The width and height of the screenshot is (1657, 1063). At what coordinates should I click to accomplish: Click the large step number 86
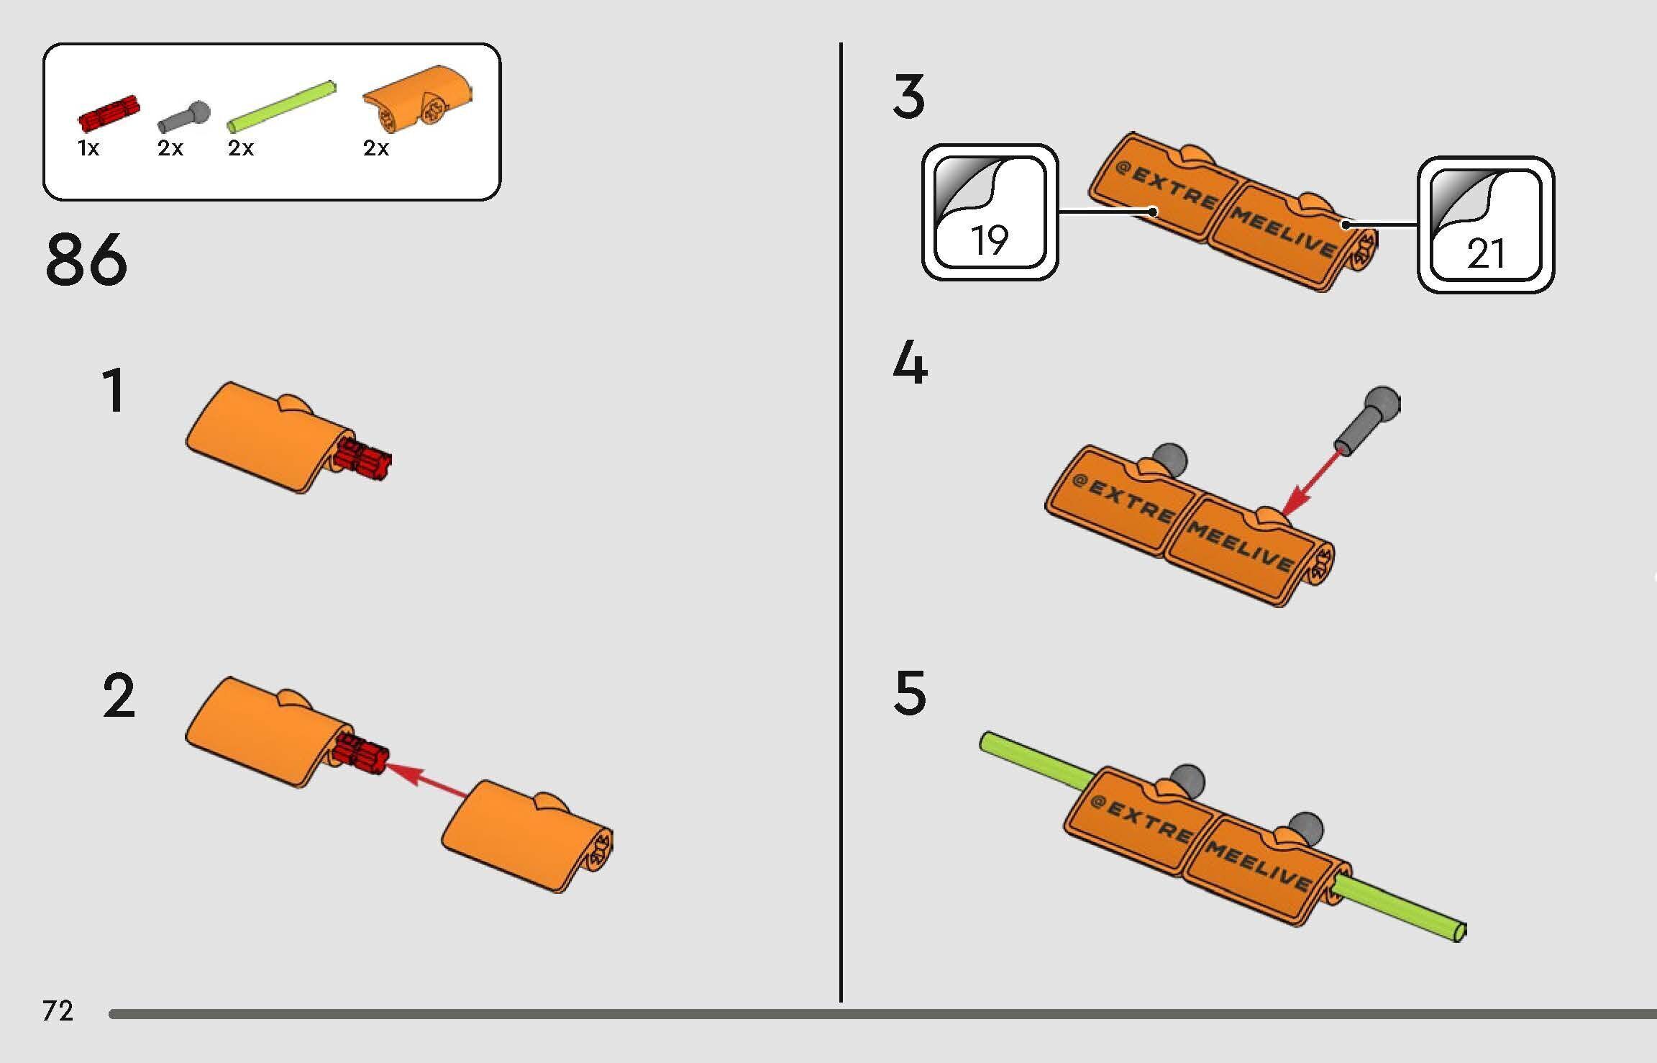[86, 258]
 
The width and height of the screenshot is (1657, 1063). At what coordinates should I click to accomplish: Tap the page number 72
[58, 1011]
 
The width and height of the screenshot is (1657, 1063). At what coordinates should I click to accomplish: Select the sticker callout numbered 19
[990, 212]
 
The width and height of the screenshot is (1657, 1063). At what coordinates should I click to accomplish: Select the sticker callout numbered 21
[1486, 225]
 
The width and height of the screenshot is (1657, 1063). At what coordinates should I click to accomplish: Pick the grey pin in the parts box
[184, 117]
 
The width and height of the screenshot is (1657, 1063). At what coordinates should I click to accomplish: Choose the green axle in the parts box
[282, 107]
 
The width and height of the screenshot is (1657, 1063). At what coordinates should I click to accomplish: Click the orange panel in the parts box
[418, 100]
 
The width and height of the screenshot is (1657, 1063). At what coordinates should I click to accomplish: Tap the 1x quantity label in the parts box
[88, 148]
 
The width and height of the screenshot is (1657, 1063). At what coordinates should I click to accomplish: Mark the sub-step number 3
[909, 97]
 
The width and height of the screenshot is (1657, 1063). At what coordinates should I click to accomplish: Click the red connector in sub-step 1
[362, 458]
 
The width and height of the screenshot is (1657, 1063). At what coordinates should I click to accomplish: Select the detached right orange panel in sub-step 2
[526, 836]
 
